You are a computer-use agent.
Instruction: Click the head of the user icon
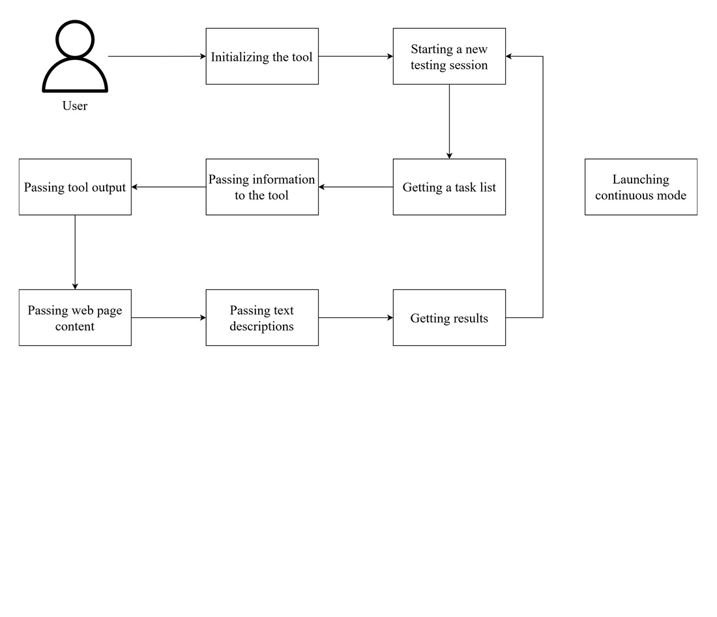(x=75, y=38)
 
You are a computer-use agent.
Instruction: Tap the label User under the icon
(x=75, y=106)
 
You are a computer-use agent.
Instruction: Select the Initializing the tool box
(x=262, y=57)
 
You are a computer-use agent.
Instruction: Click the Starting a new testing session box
(x=449, y=57)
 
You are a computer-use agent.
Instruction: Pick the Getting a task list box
(x=449, y=187)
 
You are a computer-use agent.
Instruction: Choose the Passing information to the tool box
(x=262, y=187)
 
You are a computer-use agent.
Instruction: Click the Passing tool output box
(x=75, y=187)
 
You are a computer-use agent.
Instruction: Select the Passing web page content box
(x=75, y=318)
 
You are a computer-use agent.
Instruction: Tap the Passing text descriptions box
(x=262, y=318)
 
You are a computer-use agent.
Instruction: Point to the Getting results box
(x=449, y=318)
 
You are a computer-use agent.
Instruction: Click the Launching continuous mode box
(x=641, y=187)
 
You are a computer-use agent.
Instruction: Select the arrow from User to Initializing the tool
(x=156, y=57)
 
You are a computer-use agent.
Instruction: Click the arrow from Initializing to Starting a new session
(x=355, y=57)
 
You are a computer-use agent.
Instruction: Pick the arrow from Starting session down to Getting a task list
(x=449, y=121)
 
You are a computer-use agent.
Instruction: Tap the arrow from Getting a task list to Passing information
(x=355, y=187)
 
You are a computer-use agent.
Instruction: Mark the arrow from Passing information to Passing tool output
(x=168, y=187)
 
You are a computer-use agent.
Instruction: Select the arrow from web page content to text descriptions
(x=168, y=318)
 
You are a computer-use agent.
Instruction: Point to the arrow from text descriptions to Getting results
(x=355, y=318)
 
